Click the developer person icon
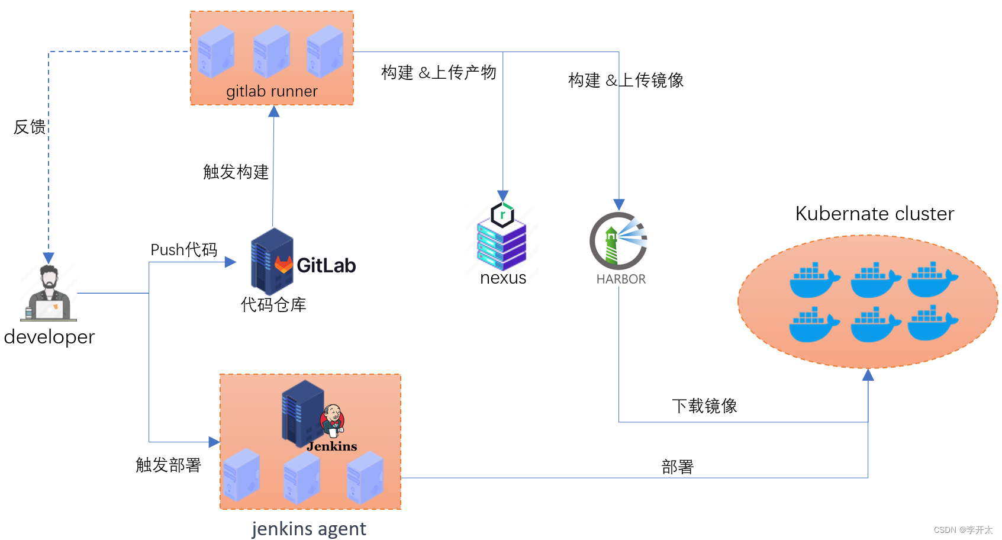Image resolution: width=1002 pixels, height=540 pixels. point(49,293)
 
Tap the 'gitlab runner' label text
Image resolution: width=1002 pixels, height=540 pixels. point(272,91)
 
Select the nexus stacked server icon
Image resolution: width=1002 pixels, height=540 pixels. point(502,240)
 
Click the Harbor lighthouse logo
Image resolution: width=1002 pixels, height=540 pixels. point(618,241)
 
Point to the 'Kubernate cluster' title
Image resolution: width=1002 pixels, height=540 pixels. point(874,214)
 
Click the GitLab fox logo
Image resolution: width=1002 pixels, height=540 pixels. point(283,264)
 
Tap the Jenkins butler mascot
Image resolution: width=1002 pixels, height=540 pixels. point(333,420)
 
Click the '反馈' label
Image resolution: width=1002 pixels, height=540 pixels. point(30,127)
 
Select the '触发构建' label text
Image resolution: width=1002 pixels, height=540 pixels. point(236,172)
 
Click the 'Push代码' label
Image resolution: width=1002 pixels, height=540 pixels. point(183,250)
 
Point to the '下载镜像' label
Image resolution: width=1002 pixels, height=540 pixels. point(704,406)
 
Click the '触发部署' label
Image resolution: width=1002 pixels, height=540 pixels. point(168,465)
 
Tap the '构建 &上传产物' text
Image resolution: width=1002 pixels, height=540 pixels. point(439,73)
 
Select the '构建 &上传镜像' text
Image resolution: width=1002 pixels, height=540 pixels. point(626,81)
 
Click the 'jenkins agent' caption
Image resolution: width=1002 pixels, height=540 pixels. point(308,528)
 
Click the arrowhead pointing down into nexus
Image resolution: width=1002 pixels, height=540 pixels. point(503,196)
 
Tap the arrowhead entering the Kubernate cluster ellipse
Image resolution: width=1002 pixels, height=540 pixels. point(868,375)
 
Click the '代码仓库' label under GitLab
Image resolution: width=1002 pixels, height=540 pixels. point(273,305)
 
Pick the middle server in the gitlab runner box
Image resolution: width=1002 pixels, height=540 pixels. point(272,52)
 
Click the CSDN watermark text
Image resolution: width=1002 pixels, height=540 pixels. point(963,530)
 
